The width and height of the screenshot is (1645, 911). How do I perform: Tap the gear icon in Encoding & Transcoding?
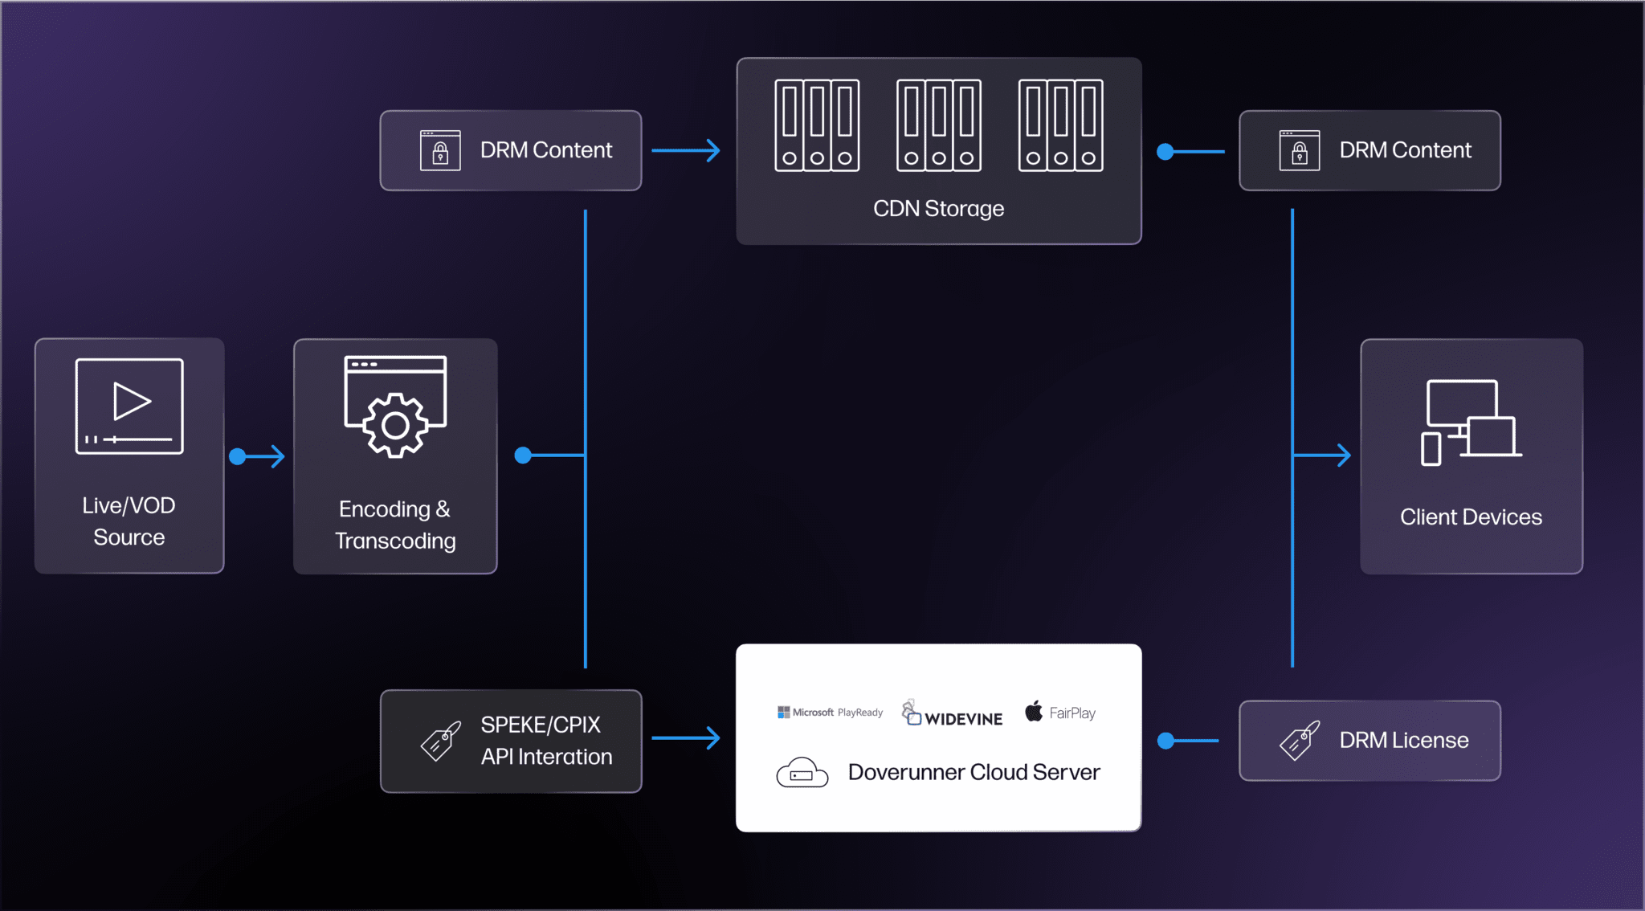click(395, 425)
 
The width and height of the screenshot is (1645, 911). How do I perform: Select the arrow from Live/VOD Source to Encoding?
click(259, 456)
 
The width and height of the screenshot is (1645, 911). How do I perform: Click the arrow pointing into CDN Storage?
click(687, 150)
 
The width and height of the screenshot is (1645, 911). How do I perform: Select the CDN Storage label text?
click(938, 209)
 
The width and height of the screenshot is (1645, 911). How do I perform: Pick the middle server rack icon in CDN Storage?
click(939, 125)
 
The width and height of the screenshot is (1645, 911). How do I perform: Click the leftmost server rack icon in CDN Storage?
click(817, 125)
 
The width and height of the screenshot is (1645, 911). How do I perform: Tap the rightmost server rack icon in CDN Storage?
click(1060, 125)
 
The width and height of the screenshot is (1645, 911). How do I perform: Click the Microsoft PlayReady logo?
click(830, 713)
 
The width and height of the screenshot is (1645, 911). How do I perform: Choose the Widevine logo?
click(953, 713)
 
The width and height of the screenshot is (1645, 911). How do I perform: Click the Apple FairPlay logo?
click(1060, 713)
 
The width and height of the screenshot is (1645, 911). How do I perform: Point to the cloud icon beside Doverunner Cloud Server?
click(802, 773)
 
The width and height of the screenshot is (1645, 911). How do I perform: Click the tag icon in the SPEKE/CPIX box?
click(441, 741)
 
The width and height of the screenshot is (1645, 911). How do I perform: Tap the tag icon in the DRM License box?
click(1300, 741)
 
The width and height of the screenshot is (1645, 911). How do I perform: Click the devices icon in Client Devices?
click(1471, 423)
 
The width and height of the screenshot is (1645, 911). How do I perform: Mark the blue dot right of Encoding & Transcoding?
click(523, 455)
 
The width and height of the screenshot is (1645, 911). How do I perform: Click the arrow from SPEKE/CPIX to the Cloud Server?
click(687, 737)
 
